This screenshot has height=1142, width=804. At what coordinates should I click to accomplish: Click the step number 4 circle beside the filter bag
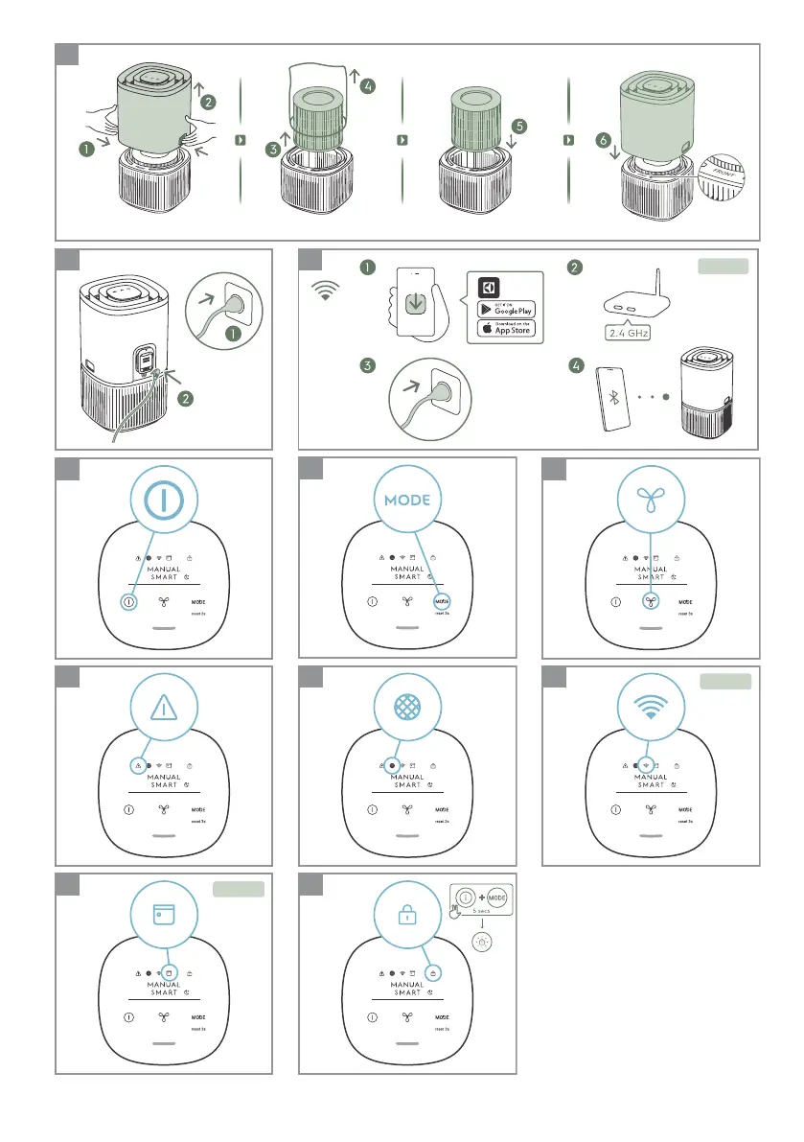pos(368,85)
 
